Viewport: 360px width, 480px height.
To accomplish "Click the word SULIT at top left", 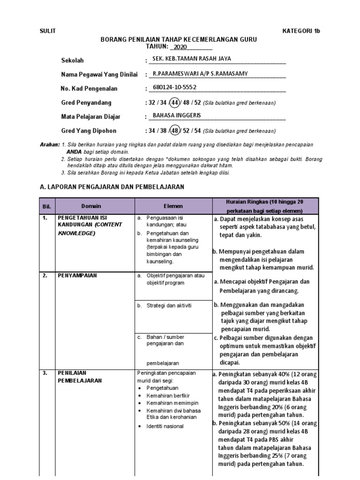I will tap(48, 31).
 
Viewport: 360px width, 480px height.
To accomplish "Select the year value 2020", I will tap(180, 47).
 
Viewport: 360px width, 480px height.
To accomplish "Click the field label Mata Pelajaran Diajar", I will tap(91, 117).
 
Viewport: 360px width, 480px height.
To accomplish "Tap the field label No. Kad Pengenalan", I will tap(89, 89).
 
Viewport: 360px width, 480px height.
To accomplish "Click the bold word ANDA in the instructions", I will tap(74, 152).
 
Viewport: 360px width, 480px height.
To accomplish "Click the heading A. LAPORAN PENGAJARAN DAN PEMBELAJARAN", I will tap(112, 187).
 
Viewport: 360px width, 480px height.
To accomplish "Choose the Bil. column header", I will tap(47, 206).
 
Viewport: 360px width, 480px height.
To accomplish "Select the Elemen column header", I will tap(173, 206).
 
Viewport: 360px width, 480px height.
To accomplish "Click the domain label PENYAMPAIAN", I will tap(77, 276).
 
